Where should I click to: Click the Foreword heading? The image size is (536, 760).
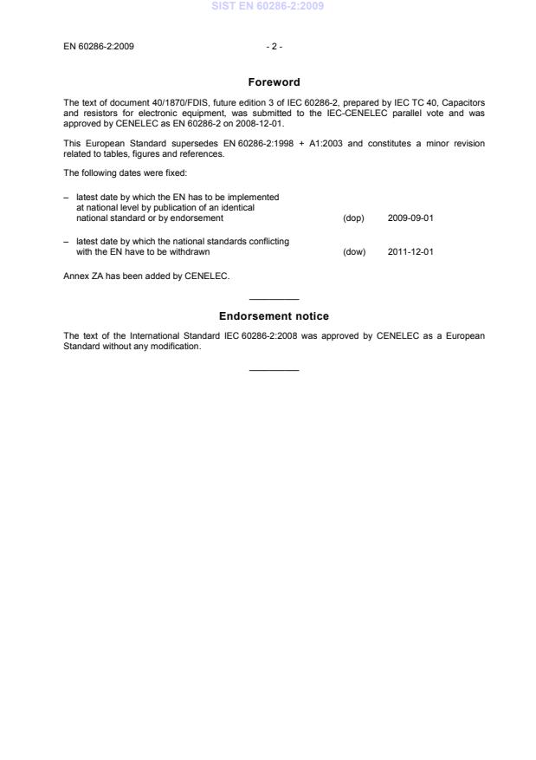(274, 82)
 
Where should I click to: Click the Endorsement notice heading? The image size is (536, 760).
(274, 316)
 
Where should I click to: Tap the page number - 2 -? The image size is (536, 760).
(274, 47)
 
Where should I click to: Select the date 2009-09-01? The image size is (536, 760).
(410, 218)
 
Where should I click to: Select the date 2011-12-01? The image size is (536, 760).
(410, 252)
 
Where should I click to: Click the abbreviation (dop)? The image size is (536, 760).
(353, 218)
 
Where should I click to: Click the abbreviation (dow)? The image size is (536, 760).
(354, 252)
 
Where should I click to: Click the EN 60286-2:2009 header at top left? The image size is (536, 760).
(99, 47)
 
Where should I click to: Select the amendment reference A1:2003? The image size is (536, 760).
(326, 143)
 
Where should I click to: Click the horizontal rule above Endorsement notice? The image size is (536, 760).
(274, 300)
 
